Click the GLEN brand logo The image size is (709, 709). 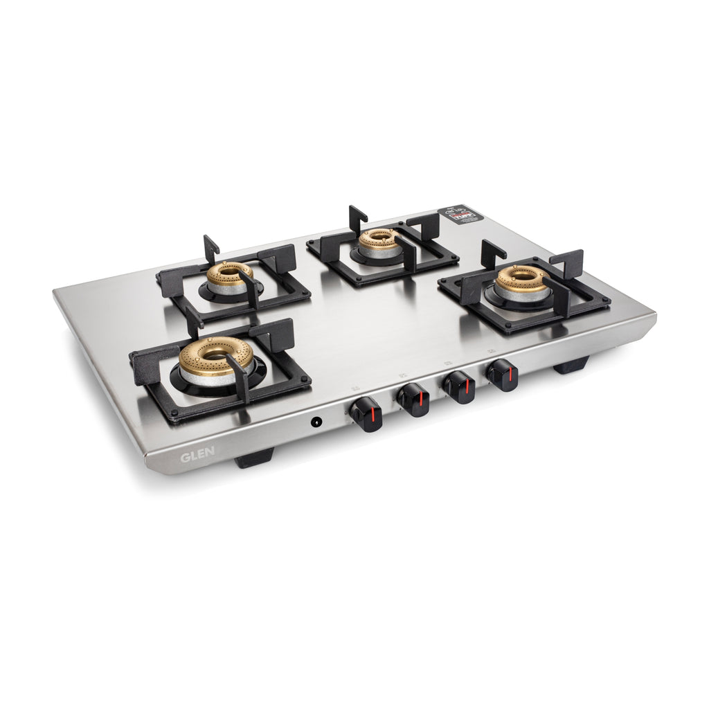(197, 456)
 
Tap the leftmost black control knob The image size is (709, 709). (364, 413)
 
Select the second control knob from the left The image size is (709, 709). (413, 400)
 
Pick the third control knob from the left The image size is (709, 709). (458, 387)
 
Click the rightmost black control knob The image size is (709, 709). (502, 375)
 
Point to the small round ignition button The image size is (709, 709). (316, 421)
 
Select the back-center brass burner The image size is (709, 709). (378, 239)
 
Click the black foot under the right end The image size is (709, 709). (571, 365)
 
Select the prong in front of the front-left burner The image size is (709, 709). (242, 382)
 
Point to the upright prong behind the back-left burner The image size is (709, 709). (210, 247)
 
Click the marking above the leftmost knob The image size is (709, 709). (354, 388)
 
